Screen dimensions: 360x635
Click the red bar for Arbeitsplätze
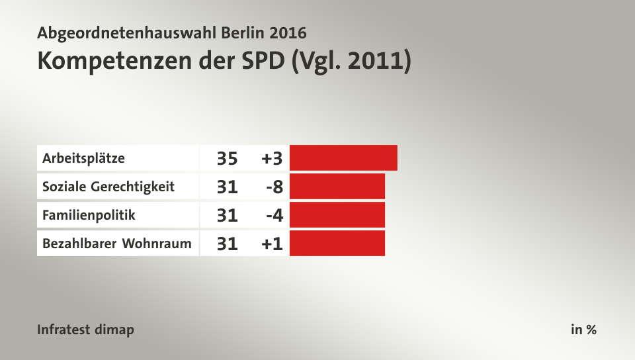pyautogui.click(x=343, y=158)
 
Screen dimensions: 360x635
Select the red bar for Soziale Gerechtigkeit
pyautogui.click(x=337, y=187)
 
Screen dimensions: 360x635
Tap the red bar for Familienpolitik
pyautogui.click(x=337, y=215)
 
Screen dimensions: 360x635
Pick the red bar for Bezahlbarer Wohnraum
pyautogui.click(x=337, y=244)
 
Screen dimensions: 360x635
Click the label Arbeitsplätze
pyautogui.click(x=83, y=159)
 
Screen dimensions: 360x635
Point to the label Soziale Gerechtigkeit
pyautogui.click(x=108, y=187)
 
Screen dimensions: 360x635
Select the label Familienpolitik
pyautogui.click(x=89, y=215)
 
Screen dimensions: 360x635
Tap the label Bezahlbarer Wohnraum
pyautogui.click(x=116, y=244)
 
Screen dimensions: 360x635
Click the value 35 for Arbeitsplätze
pyautogui.click(x=227, y=159)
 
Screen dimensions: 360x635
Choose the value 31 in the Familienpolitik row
pyautogui.click(x=227, y=215)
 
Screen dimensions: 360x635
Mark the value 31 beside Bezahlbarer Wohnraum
pyautogui.click(x=227, y=244)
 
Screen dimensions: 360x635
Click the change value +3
pyautogui.click(x=272, y=159)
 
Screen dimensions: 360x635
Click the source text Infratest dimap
pyautogui.click(x=85, y=330)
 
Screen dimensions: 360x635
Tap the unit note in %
pyautogui.click(x=583, y=330)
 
